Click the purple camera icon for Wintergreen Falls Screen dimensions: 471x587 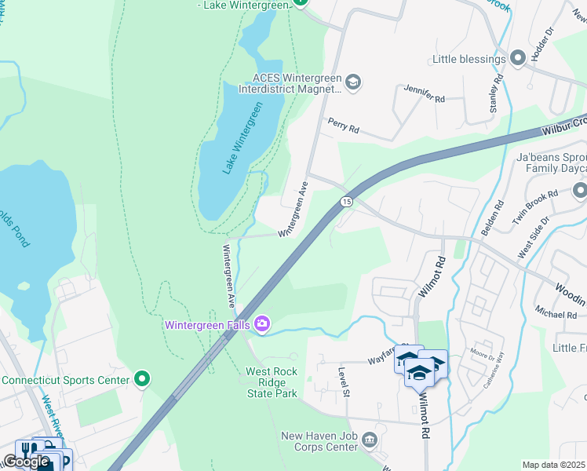coord(262,323)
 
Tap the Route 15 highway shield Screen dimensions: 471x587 coord(345,203)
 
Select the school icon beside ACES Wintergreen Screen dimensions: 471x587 coord(353,82)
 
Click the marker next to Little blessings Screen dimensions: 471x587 coord(517,59)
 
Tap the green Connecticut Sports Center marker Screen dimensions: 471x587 coord(142,380)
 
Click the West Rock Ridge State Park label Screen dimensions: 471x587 coord(272,382)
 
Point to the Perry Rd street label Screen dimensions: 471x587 coord(344,126)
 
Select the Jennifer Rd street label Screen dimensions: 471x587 coord(425,94)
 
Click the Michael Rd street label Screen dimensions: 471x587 coord(556,314)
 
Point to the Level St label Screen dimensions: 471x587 coord(343,382)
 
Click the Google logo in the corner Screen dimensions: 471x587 coord(26,462)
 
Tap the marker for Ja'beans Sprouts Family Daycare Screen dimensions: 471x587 coord(579,191)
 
